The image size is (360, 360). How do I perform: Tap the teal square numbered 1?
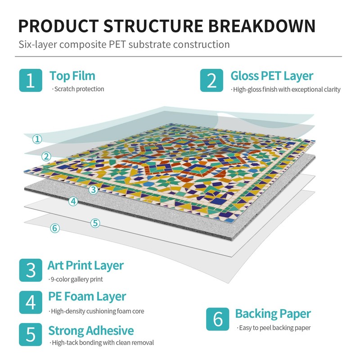tap(30, 81)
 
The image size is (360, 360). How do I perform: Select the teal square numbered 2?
tap(211, 81)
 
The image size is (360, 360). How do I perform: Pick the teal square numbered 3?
tap(30, 270)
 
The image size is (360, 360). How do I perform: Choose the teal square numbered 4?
tap(30, 301)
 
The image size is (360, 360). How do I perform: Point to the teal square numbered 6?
tap(218, 319)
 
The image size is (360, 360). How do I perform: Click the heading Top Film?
tap(72, 76)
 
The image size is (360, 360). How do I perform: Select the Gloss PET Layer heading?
tap(272, 76)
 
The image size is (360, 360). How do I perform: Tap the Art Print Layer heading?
tap(85, 265)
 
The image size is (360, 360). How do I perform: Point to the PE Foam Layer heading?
tap(87, 297)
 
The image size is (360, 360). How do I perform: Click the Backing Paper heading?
tap(273, 314)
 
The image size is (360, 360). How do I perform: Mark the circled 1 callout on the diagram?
tap(38, 139)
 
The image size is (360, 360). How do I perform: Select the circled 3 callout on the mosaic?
tap(93, 189)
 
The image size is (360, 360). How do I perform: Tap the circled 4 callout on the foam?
tap(73, 201)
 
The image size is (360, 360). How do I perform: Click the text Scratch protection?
tap(79, 89)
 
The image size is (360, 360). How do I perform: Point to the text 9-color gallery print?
tap(77, 279)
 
